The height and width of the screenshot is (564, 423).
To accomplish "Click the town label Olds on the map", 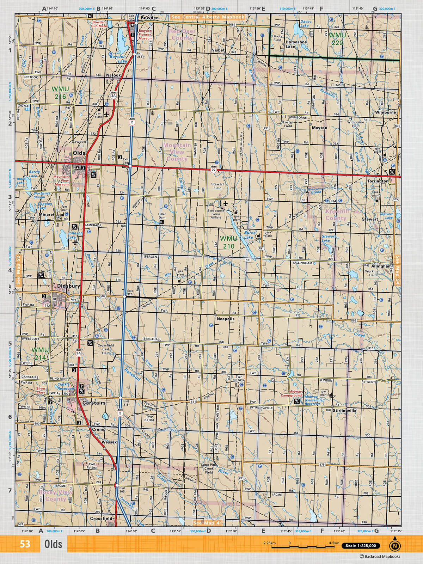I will coord(79,153).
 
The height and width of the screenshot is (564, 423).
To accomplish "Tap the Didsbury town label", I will coord(69,286).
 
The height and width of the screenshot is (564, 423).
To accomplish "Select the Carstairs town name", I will coord(94,403).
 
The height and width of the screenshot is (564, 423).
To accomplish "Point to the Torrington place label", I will coord(378,181).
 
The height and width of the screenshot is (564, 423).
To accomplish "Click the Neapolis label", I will coord(225,319).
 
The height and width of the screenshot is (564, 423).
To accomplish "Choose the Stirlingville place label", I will coord(344,410).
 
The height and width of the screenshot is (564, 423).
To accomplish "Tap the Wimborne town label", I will coord(385,112).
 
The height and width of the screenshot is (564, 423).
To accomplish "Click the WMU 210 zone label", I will coord(228,242).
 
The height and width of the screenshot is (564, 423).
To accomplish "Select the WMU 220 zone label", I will coord(337,39).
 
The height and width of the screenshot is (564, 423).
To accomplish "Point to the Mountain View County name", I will coord(177,152).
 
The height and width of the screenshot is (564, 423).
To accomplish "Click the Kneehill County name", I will coord(337,214).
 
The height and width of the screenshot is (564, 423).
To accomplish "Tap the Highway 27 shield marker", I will coord(214,170).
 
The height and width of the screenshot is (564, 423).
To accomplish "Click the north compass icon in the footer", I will coord(394,545).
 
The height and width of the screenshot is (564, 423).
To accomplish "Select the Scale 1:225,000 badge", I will coord(361,546).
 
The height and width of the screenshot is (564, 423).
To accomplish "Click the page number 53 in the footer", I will coord(25,544).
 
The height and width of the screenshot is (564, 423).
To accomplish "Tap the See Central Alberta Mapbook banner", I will coord(208,17).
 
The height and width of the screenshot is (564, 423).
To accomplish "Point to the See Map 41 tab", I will coord(208,523).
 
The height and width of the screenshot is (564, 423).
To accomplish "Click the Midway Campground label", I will coord(295,393).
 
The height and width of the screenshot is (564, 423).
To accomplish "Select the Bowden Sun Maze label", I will coord(99,24).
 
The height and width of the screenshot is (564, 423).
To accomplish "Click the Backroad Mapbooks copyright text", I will coord(380,557).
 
